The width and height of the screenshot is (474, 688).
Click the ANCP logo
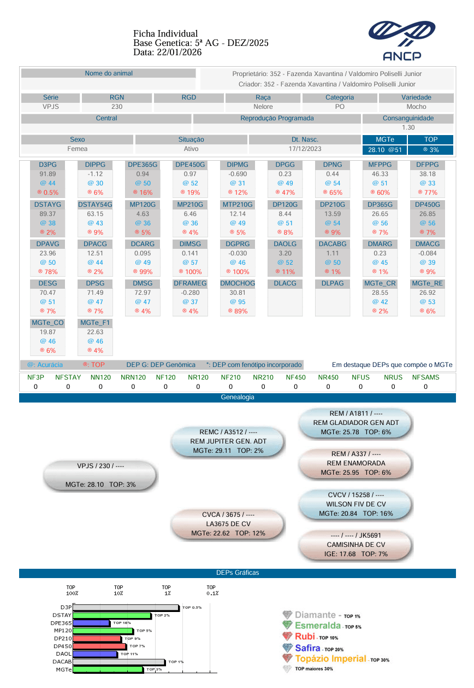pos(401,40)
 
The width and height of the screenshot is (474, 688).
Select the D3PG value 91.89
pos(48,174)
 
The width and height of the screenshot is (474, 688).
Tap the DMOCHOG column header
pos(238,283)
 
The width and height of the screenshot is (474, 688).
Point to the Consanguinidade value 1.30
pos(408,127)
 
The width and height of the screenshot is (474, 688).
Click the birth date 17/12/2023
pos(305,149)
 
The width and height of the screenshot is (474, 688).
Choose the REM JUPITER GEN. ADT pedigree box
pos(228,441)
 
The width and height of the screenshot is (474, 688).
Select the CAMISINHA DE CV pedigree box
pos(355,545)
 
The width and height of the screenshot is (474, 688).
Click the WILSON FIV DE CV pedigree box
pos(355,504)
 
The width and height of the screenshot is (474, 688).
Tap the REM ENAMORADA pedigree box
pos(355,463)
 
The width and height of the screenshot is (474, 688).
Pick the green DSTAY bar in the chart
pos(112,615)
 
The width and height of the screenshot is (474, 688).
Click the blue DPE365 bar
pos(91,623)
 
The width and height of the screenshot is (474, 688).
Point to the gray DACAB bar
pos(119,662)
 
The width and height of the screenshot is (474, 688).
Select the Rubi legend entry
pos(310,637)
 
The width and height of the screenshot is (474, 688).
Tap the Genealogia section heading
pos(238,397)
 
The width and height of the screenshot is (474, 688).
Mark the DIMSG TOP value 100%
pos(191,272)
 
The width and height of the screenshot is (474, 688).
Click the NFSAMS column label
pos(425,377)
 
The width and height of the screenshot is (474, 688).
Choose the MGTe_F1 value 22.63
pos(95,332)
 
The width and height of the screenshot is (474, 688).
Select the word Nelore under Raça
pos(263,107)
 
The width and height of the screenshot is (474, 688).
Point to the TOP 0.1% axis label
pos(212,590)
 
